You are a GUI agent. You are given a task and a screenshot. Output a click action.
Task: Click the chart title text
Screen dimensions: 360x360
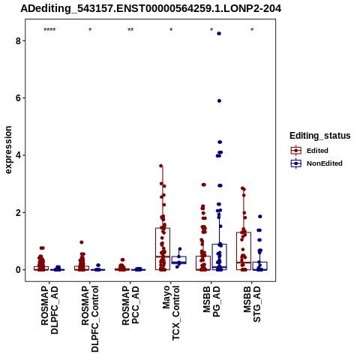(151, 8)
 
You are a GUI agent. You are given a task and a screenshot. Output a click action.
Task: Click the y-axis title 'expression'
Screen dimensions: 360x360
(8, 150)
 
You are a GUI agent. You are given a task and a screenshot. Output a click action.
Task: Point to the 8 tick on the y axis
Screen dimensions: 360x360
(18, 40)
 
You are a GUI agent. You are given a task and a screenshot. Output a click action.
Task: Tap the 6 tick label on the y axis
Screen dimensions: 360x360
(18, 98)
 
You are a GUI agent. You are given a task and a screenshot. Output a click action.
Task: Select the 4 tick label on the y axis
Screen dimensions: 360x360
(18, 155)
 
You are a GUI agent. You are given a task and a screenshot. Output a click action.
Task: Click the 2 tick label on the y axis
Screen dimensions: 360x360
(18, 212)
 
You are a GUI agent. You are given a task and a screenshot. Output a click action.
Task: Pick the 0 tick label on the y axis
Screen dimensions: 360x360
(18, 270)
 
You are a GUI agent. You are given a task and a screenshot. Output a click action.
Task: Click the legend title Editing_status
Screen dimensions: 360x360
(320, 136)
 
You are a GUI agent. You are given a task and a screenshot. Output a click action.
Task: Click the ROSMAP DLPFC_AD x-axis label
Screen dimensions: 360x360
(49, 310)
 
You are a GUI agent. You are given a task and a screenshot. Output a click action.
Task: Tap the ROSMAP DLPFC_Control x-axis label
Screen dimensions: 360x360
(90, 319)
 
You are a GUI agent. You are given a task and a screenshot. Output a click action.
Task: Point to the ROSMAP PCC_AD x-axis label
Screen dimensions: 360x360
(130, 305)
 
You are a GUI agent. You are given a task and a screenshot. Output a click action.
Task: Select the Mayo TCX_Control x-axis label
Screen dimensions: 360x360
(171, 313)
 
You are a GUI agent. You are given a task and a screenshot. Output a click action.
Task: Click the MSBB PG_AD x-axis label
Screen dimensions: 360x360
(211, 301)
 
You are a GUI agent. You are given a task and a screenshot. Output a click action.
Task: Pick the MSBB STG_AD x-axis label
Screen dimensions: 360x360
(252, 304)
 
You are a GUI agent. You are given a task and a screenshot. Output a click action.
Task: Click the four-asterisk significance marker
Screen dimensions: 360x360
(49, 30)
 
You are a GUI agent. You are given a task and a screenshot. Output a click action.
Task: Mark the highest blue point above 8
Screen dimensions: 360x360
(219, 34)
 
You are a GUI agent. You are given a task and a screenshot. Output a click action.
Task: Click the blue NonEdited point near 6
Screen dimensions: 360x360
(219, 101)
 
